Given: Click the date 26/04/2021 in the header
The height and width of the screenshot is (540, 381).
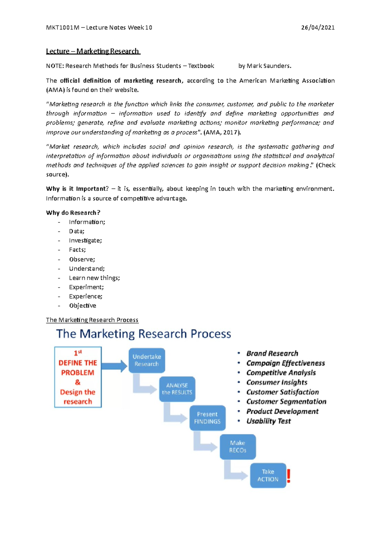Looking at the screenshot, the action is click(317, 28).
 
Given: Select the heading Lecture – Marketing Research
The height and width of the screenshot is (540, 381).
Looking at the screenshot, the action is click(92, 51).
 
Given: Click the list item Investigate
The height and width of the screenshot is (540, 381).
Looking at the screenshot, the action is click(85, 240).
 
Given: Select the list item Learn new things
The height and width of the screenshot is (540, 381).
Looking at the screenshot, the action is click(94, 278).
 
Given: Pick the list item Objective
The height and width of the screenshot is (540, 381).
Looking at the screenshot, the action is click(83, 306).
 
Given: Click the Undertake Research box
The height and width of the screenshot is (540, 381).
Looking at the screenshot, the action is click(147, 360).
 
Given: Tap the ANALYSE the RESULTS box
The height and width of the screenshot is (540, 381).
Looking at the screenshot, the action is click(177, 389).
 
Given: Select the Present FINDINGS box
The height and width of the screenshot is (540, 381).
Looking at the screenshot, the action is click(207, 418).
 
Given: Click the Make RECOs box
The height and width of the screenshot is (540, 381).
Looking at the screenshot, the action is click(238, 447).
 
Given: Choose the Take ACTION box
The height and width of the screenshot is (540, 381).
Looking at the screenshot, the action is click(268, 475).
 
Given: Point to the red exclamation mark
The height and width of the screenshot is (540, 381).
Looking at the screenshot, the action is click(289, 476).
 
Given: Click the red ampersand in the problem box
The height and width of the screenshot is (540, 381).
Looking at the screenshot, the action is click(78, 382).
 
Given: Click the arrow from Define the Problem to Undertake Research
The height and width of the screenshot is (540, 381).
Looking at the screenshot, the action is click(115, 366).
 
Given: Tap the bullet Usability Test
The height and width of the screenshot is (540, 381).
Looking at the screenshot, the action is click(268, 421).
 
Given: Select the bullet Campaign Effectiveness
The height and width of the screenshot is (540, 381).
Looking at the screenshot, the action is click(285, 363).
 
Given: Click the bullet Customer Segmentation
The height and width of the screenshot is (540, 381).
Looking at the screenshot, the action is click(286, 402).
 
